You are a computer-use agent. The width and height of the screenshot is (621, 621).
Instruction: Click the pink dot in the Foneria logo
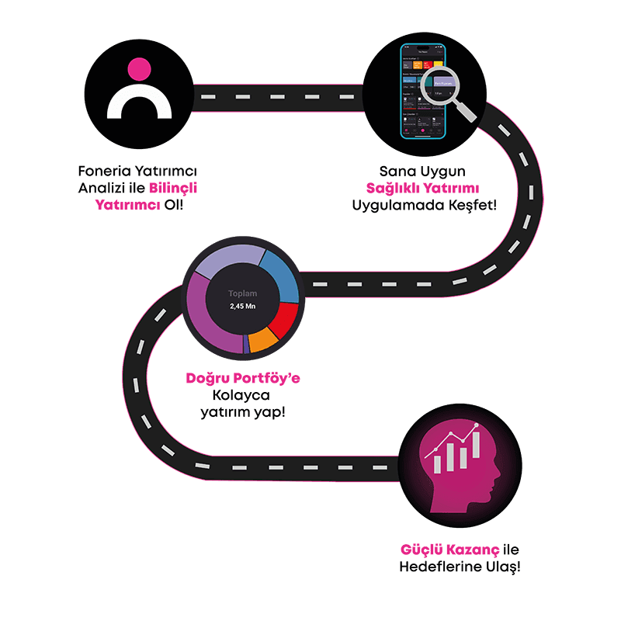[x=139, y=68]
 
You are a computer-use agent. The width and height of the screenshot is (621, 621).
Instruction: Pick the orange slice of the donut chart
[x=262, y=339]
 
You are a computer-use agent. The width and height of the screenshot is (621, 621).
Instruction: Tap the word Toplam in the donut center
[x=242, y=293]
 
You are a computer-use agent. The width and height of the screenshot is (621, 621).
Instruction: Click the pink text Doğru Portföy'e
[x=242, y=379]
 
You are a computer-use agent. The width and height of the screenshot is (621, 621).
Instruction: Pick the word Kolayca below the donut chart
[x=242, y=395]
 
